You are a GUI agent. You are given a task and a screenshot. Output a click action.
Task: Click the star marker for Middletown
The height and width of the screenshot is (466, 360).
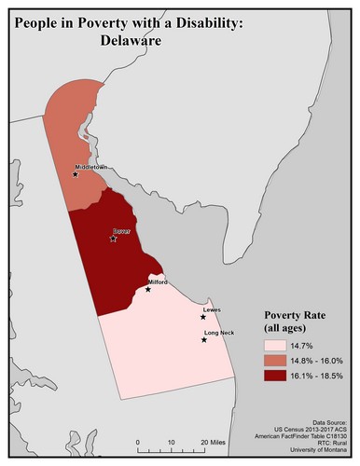[76, 173]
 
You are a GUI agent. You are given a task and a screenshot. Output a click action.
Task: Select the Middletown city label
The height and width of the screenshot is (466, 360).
[91, 167]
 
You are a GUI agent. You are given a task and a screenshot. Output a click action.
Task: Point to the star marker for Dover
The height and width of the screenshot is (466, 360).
[113, 239]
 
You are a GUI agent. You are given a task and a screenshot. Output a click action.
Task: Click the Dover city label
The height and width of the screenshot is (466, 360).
[121, 229]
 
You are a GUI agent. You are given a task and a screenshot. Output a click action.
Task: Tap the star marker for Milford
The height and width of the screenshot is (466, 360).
[147, 289]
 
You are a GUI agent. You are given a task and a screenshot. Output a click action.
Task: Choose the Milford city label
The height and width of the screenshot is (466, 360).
[158, 281]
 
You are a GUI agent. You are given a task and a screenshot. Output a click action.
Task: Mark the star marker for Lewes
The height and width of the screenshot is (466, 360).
[203, 317]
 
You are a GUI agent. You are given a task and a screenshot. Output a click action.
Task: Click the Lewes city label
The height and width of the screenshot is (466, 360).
[213, 309]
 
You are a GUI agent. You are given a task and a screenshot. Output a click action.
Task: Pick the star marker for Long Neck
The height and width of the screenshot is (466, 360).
[204, 340]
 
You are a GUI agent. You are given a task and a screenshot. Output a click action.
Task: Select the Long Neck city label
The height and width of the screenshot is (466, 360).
[220, 333]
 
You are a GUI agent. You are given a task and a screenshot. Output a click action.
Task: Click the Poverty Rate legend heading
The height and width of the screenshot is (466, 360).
[297, 316]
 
